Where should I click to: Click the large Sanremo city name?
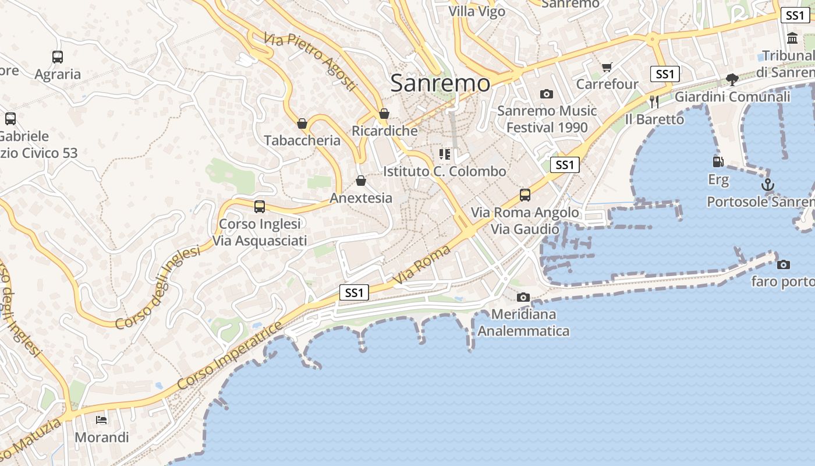click(440, 83)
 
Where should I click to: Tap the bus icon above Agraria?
click(58, 57)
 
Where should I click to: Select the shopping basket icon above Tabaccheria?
click(302, 123)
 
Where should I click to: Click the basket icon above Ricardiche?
click(384, 114)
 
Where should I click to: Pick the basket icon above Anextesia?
click(361, 181)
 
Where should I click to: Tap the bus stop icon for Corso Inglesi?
click(260, 206)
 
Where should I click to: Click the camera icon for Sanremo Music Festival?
click(546, 94)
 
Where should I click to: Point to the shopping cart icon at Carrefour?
click(607, 68)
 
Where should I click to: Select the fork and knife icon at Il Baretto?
click(654, 102)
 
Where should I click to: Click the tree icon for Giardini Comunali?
click(732, 80)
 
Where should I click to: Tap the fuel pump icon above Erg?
click(718, 162)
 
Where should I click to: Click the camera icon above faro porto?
click(784, 264)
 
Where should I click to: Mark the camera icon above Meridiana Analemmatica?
click(523, 298)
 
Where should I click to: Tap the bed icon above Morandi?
click(101, 419)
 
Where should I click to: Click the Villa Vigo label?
click(477, 11)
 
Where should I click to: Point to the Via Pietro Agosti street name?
click(309, 61)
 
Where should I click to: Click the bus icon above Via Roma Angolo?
click(525, 195)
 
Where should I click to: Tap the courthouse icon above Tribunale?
click(792, 38)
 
